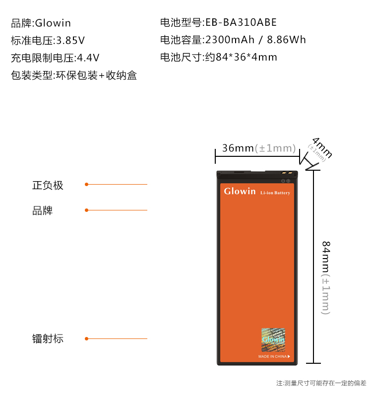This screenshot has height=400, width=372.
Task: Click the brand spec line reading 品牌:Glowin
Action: point(41,23)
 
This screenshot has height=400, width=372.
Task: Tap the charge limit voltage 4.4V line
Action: point(56,58)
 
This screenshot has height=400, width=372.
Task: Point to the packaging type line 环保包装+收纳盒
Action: point(74,75)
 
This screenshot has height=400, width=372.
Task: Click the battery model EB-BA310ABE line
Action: point(218,22)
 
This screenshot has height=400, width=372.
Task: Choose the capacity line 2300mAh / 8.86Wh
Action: point(233,40)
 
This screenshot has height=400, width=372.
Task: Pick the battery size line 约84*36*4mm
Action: point(218,57)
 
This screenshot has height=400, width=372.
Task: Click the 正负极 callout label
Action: point(48,185)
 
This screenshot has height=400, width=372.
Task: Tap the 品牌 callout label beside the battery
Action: point(42,211)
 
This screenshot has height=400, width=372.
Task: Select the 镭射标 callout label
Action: point(48,339)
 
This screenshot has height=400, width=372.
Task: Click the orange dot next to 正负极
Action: point(86,185)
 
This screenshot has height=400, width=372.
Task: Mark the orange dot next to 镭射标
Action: point(86,339)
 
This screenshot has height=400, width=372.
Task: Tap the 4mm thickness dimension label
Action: point(322,147)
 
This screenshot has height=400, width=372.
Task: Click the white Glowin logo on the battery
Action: point(240,191)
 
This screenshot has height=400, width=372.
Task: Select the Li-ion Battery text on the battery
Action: point(275,193)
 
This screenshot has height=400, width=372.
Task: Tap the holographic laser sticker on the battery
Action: point(273,339)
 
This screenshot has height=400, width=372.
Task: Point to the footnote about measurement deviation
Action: point(321,383)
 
